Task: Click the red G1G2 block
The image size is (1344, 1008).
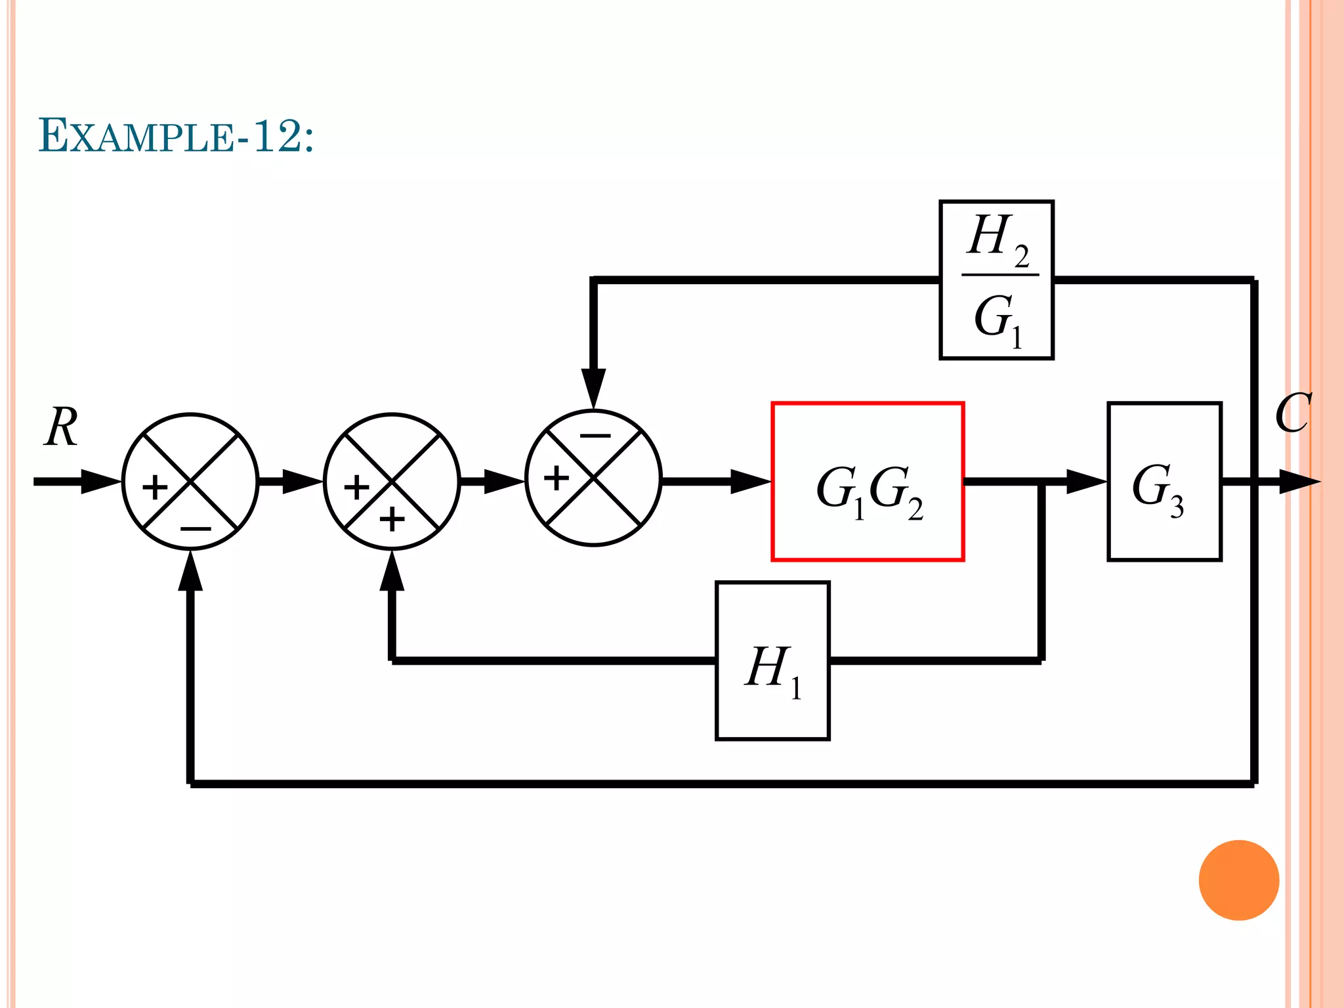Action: (868, 482)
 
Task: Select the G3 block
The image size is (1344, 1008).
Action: (1164, 482)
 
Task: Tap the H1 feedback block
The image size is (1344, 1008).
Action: (772, 661)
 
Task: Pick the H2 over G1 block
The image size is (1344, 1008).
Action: (996, 280)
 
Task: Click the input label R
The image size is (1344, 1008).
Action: (62, 427)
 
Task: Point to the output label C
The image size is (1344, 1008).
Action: (1293, 413)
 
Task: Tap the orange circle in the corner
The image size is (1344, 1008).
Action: (1238, 880)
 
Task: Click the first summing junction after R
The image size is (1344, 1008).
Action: (190, 482)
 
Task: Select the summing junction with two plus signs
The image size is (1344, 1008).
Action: (392, 482)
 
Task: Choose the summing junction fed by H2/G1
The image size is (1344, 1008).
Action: (593, 478)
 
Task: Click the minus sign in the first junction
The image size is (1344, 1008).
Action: (196, 528)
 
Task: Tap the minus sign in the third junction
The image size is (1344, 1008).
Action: (595, 435)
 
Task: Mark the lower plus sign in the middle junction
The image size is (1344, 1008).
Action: (392, 520)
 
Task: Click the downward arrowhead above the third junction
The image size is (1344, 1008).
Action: (593, 387)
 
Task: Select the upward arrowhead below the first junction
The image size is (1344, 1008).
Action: (190, 571)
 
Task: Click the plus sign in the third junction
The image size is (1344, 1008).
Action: (556, 478)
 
